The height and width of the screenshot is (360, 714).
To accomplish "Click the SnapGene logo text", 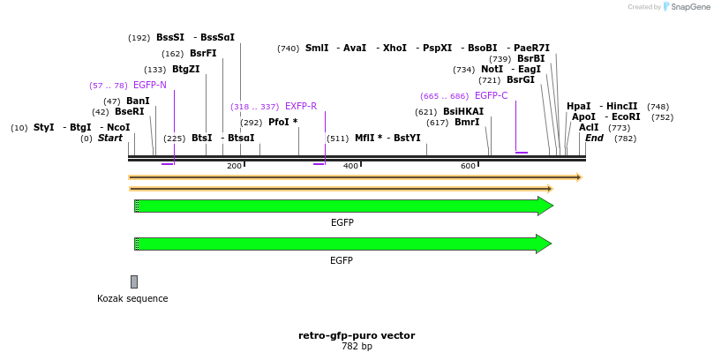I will pos(691,7).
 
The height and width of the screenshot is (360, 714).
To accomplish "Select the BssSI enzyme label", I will pos(170,38).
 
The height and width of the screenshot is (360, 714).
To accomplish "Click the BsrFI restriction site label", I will pos(203,54).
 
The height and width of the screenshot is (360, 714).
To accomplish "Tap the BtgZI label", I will pos(185,70).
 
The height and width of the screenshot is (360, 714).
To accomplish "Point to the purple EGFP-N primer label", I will pos(149,86).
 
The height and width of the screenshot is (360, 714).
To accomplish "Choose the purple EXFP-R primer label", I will pos(300,107).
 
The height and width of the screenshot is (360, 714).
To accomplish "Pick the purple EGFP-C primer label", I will pos(491,96).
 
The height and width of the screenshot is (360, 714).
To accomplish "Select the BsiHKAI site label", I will pos(463,112).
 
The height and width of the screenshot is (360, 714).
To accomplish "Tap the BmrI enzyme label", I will pos(467,123).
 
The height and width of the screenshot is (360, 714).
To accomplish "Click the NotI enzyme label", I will pos(492,70).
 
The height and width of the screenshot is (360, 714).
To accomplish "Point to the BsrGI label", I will pos(521,80).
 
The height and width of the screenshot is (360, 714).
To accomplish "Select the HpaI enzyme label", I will pos(579,107).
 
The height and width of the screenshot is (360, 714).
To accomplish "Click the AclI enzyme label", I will pos(589,128).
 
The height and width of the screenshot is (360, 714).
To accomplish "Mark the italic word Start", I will pos(110,139).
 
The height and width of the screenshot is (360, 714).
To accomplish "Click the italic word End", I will pos(594,139).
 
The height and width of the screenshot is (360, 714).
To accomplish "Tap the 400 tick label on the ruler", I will pos(350,166).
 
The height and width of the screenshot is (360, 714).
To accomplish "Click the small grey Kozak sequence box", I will pos(134,281).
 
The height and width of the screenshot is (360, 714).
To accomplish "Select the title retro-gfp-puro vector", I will pos(357,335).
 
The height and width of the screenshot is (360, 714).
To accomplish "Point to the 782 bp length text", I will pos(357,347).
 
